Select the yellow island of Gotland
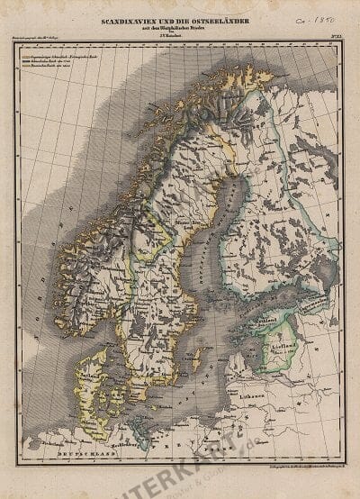point(196,360)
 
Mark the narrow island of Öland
point(176,378)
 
